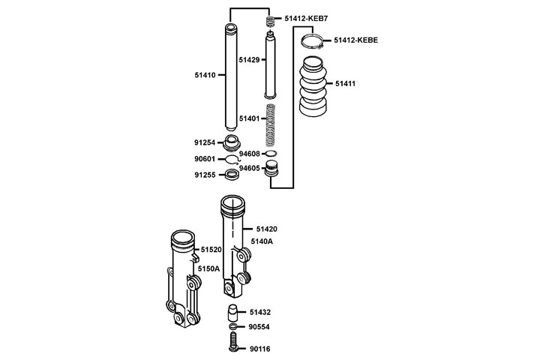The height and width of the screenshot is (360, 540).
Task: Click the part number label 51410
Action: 205,75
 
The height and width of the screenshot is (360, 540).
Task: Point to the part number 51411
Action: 345,83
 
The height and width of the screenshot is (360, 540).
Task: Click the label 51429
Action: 249,58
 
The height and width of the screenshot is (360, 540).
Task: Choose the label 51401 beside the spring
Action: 249,118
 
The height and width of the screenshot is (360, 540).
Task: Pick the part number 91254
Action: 205,142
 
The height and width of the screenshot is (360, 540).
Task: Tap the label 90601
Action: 205,159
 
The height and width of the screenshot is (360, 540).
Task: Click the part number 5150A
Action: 208,268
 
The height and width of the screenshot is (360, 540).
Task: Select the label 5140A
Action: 262,241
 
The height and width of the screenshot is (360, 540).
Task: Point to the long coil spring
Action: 273,125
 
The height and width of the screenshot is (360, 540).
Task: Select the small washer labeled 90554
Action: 233,327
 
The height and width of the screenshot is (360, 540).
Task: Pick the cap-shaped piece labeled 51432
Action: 233,311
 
